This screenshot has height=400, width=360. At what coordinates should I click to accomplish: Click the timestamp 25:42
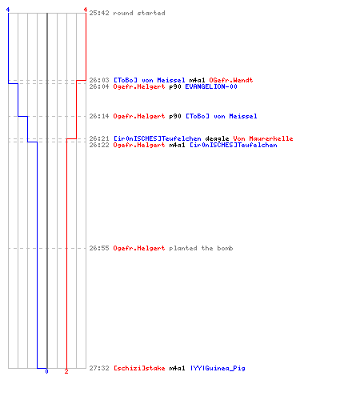(x=99, y=13)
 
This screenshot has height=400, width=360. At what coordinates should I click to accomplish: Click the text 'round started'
(x=139, y=13)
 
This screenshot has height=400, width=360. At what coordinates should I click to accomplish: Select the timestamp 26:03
(x=99, y=80)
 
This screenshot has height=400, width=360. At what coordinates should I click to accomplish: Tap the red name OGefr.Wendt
(x=231, y=80)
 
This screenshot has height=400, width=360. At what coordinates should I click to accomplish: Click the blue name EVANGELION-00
(x=211, y=86)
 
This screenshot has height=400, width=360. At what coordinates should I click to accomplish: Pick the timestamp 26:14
(x=99, y=116)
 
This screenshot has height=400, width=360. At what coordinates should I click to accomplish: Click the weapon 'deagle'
(x=217, y=138)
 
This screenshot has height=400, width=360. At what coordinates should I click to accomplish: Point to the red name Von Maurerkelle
(x=263, y=138)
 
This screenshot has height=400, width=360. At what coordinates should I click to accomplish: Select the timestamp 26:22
(x=99, y=145)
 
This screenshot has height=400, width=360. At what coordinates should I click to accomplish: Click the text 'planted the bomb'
(x=201, y=248)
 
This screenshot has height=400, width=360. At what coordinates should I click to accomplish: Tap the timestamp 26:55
(x=99, y=248)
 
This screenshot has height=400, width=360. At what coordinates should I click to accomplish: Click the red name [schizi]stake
(x=139, y=368)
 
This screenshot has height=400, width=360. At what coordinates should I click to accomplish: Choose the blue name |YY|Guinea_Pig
(x=218, y=368)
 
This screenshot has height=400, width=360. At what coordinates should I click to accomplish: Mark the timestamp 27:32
(x=99, y=368)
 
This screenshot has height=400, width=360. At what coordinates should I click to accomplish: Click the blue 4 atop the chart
(x=8, y=10)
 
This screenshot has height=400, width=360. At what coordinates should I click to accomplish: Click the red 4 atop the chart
(x=86, y=10)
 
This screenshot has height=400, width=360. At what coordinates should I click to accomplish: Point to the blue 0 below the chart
(x=46, y=371)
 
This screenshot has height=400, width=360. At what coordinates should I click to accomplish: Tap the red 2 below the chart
(x=66, y=371)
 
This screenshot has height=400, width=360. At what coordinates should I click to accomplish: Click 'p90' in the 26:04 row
(x=175, y=86)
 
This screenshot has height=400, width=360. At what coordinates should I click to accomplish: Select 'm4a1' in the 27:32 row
(x=177, y=368)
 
